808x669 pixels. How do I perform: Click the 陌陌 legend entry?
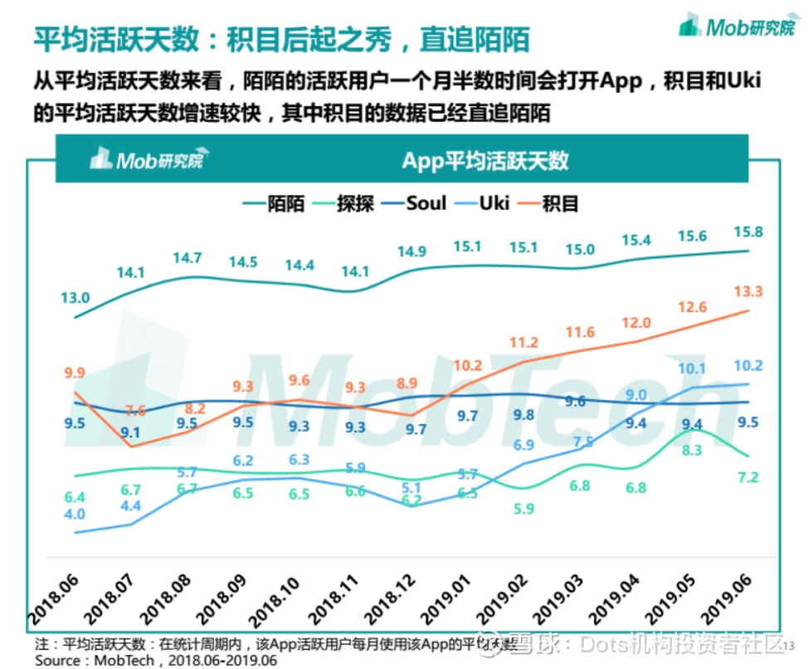pyautogui.click(x=274, y=203)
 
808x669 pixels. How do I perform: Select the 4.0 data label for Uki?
pyautogui.click(x=75, y=515)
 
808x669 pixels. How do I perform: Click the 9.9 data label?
pyautogui.click(x=74, y=372)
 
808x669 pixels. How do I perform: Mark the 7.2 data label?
pyautogui.click(x=748, y=477)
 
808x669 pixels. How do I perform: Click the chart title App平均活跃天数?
pyautogui.click(x=485, y=159)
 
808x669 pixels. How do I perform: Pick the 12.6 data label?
pyautogui.click(x=691, y=308)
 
